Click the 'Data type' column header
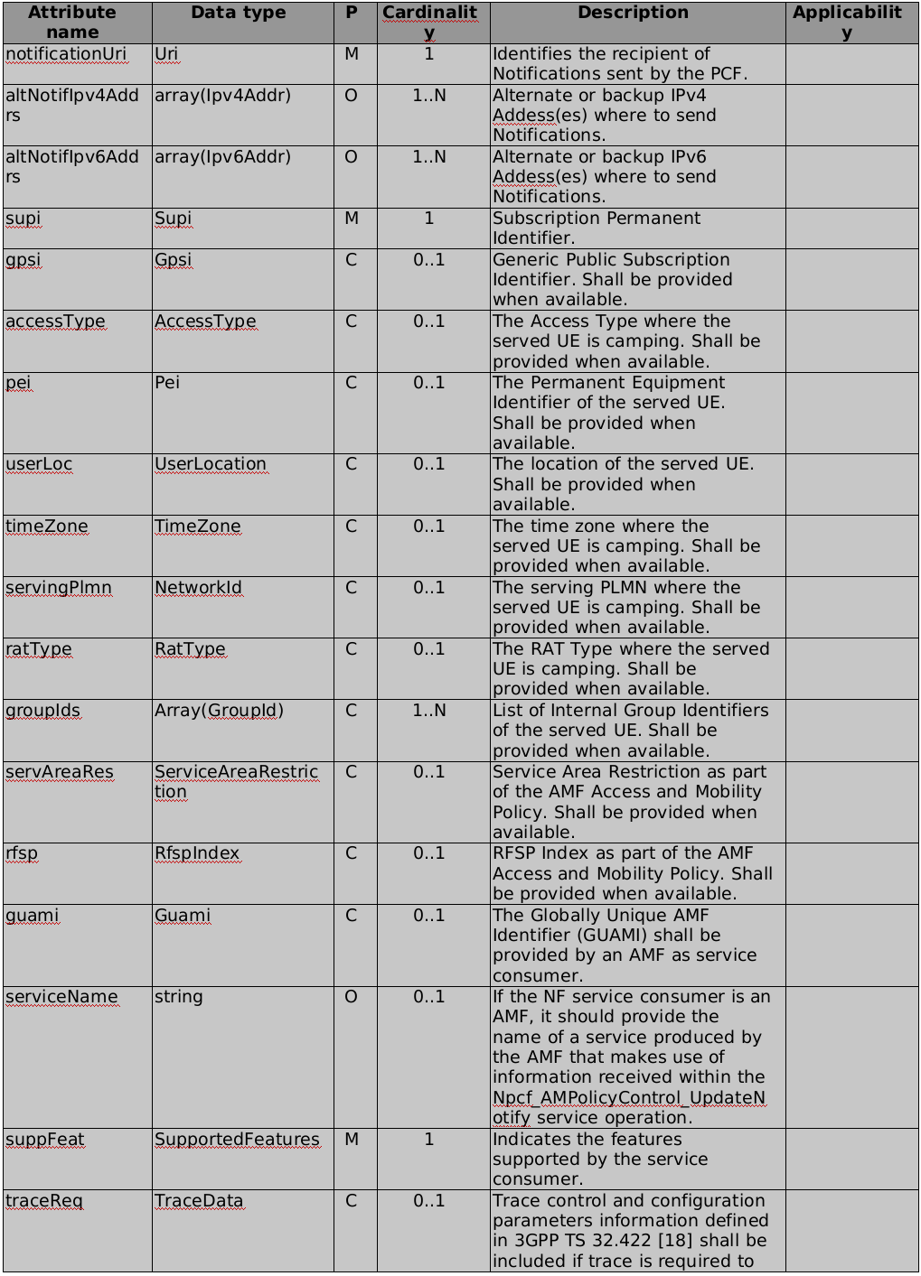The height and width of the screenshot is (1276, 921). [x=239, y=13]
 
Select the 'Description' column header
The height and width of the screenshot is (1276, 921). [x=633, y=13]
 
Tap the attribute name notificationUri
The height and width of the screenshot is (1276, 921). [x=66, y=54]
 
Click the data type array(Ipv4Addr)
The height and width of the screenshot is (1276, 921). [x=222, y=96]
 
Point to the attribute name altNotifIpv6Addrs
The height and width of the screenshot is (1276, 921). [x=72, y=166]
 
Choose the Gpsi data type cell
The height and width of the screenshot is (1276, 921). [x=174, y=260]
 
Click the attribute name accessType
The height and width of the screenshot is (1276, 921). [x=55, y=321]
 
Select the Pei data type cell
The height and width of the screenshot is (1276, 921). [x=167, y=383]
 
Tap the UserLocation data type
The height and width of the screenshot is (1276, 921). [x=211, y=464]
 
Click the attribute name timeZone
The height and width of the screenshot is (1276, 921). [x=47, y=526]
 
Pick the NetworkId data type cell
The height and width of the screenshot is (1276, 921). [x=198, y=588]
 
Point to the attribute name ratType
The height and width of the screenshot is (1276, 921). [x=39, y=649]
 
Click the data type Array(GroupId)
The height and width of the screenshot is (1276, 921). [x=219, y=711]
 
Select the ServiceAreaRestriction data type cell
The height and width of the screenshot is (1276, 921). [x=236, y=782]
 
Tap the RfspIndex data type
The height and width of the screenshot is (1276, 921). [x=197, y=853]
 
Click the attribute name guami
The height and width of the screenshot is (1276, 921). [x=32, y=916]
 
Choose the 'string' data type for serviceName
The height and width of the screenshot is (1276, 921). [x=179, y=997]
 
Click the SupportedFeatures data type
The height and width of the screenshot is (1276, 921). [x=237, y=1140]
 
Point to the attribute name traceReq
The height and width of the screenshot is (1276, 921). [x=44, y=1201]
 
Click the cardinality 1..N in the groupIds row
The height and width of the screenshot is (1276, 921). [x=429, y=711]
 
